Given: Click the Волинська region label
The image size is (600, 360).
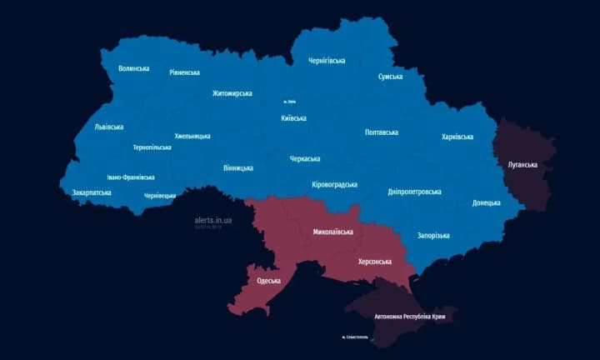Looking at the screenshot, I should [133, 68].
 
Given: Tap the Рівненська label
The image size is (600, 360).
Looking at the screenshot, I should [184, 72].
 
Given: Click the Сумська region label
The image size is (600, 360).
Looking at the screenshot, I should [390, 77].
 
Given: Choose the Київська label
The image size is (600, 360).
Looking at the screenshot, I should [293, 118].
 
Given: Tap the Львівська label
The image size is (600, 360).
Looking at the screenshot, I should [108, 127].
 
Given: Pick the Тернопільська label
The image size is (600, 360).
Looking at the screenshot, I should [152, 147].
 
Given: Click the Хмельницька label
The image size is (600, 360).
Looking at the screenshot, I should [192, 136].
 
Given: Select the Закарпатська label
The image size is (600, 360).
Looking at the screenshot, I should [86, 192].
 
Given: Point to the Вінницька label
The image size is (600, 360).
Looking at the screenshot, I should [238, 168].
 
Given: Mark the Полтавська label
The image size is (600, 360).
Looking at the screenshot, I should [382, 132].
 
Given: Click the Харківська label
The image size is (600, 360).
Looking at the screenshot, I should [457, 137].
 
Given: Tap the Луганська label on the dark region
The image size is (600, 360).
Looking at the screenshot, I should [522, 165].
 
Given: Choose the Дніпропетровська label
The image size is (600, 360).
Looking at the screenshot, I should [414, 192].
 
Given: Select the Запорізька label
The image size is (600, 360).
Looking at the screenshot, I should [432, 236].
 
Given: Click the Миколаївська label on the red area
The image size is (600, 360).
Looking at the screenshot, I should [332, 232].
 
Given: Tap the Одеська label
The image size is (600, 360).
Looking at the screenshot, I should [269, 281].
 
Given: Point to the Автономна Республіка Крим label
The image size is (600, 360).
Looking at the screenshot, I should [409, 317].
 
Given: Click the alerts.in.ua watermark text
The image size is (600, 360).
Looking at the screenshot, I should [213, 220].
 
